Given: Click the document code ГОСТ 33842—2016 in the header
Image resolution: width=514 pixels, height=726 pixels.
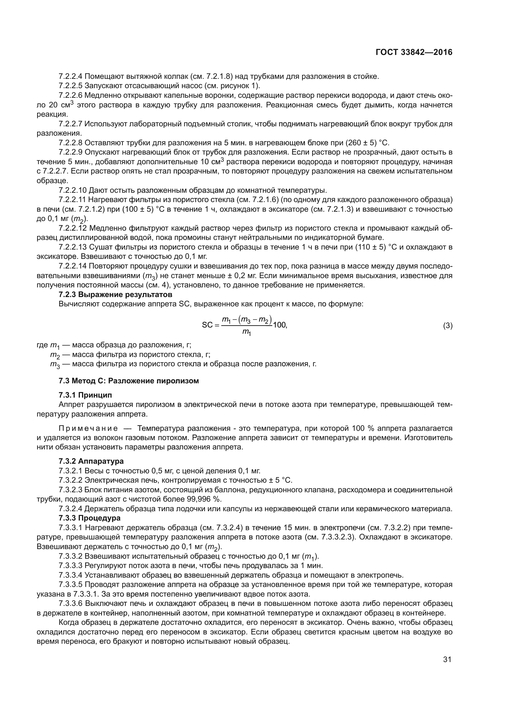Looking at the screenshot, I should (x=414, y=52).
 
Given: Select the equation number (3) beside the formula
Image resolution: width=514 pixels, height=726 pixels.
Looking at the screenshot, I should (x=447, y=325).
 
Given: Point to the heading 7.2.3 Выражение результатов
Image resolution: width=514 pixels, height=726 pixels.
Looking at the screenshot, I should (x=116, y=294).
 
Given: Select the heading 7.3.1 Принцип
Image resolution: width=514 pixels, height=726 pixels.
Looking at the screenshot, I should (x=85, y=395).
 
